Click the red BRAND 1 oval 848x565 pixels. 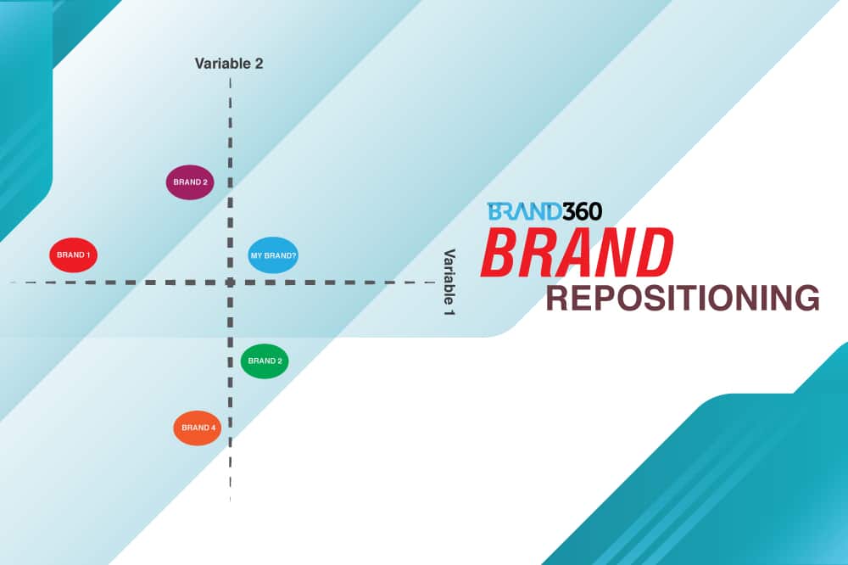tap(73, 255)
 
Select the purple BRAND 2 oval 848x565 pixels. tap(189, 182)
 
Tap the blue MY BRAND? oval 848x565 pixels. tap(273, 255)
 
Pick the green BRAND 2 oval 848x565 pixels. tap(265, 361)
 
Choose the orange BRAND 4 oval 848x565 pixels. tap(197, 428)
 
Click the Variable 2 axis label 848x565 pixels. tap(229, 64)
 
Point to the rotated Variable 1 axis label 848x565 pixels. tap(449, 282)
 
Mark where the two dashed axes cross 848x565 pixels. tap(230, 282)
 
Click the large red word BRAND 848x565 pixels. tap(577, 253)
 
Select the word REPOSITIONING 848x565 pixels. tap(682, 299)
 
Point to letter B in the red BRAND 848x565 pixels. tap(500, 253)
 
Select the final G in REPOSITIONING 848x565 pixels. tap(805, 299)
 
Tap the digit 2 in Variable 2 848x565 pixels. tap(259, 64)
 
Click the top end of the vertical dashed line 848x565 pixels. tap(230, 78)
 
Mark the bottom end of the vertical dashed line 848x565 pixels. tap(230, 499)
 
